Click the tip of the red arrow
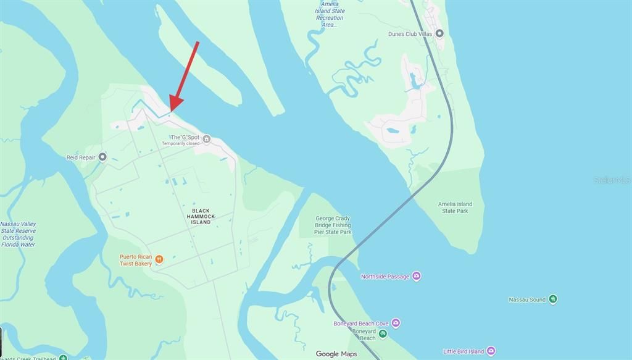click(170, 112)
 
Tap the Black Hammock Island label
click(201, 216)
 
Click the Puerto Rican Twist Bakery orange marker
click(159, 259)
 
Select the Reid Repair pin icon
click(102, 157)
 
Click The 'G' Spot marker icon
click(207, 139)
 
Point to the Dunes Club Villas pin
click(439, 33)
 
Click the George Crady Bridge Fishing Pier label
click(333, 225)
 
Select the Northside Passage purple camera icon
click(417, 276)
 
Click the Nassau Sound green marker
click(553, 299)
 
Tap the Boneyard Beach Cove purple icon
click(396, 323)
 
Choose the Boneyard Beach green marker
click(383, 334)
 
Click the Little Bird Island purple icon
click(491, 351)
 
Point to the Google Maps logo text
click(336, 354)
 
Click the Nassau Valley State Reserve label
click(19, 234)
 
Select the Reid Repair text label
click(81, 157)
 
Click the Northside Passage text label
click(385, 277)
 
